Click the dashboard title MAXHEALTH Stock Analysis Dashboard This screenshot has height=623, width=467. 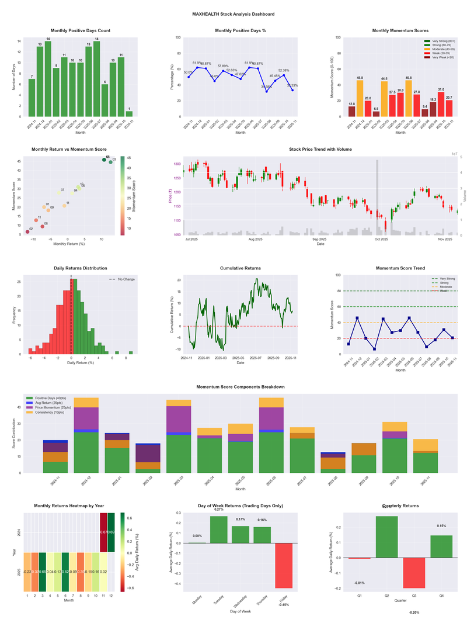pos(233,13)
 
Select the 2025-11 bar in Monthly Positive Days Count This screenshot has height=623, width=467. pos(129,113)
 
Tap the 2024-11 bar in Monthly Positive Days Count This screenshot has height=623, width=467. pos(32,98)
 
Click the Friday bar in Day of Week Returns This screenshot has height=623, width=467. pos(284,565)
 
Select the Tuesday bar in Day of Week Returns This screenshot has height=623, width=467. pos(219,529)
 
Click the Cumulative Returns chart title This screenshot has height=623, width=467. pos(240,268)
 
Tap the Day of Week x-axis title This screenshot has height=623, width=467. pos(240,612)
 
